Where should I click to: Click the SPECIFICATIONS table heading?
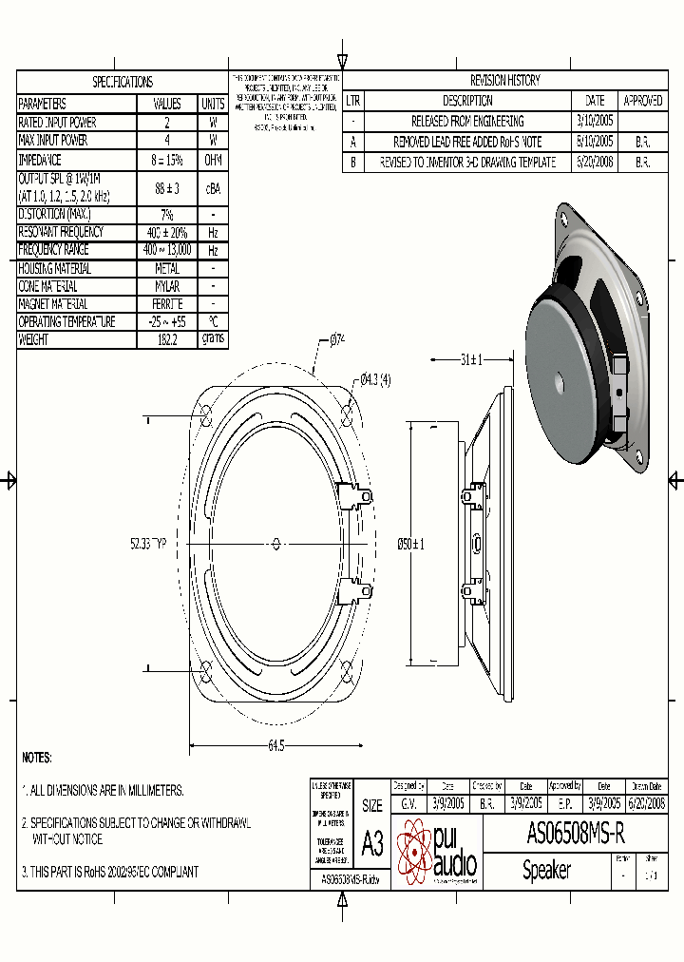pos(122,82)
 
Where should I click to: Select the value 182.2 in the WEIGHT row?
pos(166,340)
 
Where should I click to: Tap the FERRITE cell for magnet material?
pos(166,304)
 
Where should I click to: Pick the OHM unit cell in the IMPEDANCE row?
pos(213,161)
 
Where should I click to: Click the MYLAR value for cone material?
pos(166,286)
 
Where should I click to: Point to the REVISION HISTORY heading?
pos(504,81)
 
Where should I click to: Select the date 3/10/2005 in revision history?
pos(595,122)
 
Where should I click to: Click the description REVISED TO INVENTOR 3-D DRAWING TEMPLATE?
pos(467,163)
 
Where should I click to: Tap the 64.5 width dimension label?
pos(275,746)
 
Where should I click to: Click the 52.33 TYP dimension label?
pos(148,544)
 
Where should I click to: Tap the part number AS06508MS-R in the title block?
pos(575,835)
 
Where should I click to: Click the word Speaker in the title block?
pos(546,870)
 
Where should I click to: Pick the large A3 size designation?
pos(372,842)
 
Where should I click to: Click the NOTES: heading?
pos(37,758)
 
